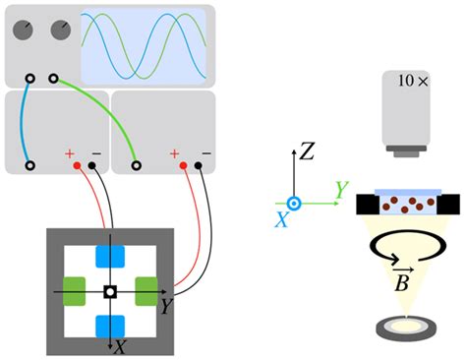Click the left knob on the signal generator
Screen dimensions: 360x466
click(x=27, y=30)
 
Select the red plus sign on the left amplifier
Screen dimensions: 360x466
click(x=70, y=153)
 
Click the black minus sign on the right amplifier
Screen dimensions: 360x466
click(x=206, y=153)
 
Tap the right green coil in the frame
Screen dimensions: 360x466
click(x=146, y=291)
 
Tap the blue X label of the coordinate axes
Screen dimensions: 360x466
click(x=281, y=221)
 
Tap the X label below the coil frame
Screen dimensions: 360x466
click(x=119, y=347)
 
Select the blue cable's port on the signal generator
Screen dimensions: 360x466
click(x=30, y=78)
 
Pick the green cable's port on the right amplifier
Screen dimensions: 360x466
click(x=138, y=165)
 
